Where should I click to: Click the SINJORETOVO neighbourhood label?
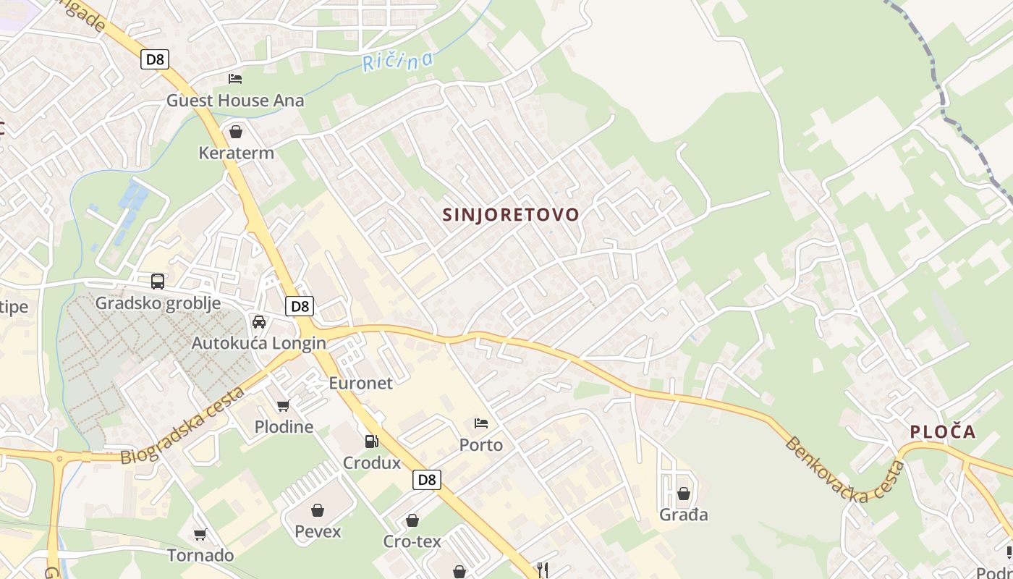[511, 215]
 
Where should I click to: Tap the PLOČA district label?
[943, 432]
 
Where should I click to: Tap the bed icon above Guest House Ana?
[235, 79]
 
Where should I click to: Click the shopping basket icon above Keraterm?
[235, 132]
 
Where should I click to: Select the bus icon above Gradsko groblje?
[158, 282]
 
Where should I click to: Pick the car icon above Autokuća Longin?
[258, 321]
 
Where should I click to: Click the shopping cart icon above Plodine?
[284, 405]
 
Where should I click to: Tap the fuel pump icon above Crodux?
[371, 441]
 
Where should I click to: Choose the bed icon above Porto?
[481, 423]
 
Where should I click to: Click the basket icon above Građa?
[683, 494]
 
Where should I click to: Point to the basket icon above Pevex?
[318, 510]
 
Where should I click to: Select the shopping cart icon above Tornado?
[200, 534]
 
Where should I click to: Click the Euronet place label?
[360, 383]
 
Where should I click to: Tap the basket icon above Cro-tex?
[412, 520]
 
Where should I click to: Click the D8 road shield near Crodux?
[427, 479]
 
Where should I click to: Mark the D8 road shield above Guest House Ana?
[155, 59]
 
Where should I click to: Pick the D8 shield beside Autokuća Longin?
[300, 306]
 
